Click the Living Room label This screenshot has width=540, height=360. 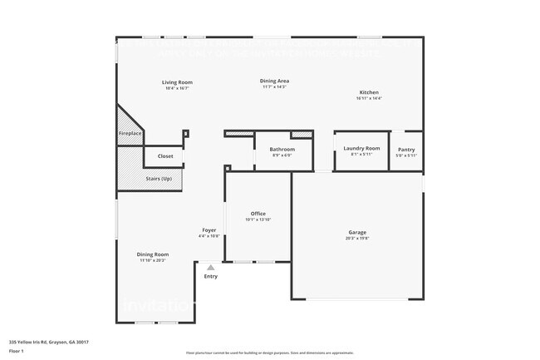(177, 82)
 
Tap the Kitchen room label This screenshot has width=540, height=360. (369, 92)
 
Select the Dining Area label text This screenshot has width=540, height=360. (275, 81)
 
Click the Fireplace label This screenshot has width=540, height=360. (130, 133)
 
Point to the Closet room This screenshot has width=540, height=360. (165, 155)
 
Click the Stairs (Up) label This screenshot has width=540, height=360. (159, 178)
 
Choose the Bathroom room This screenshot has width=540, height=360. (282, 150)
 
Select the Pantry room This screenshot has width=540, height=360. (406, 150)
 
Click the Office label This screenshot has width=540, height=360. (258, 214)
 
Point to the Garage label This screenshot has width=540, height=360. (357, 232)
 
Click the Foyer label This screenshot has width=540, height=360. (209, 229)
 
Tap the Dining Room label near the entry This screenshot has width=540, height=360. (153, 254)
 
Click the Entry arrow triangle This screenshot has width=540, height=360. (211, 268)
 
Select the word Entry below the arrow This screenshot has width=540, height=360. (211, 276)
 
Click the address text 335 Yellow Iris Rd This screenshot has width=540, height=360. (49, 341)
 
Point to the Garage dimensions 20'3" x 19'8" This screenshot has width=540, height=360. (357, 238)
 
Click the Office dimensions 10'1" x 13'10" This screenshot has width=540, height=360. (258, 219)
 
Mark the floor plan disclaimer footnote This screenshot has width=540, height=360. (269, 353)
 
